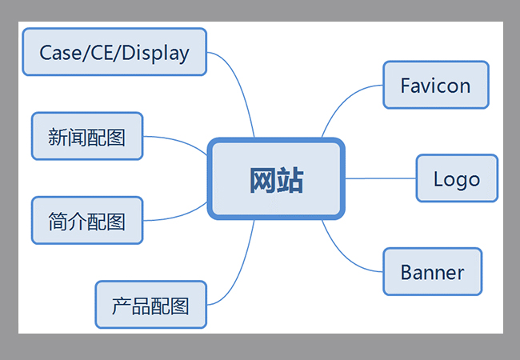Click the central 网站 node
(276, 179)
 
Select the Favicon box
(435, 85)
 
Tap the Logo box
(457, 178)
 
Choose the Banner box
(432, 272)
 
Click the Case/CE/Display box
(114, 53)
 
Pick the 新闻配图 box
(86, 136)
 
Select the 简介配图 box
(86, 221)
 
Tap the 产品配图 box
(150, 305)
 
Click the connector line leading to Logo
(380, 178)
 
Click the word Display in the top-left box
(160, 53)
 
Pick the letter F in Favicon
(405, 85)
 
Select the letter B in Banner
(406, 272)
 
